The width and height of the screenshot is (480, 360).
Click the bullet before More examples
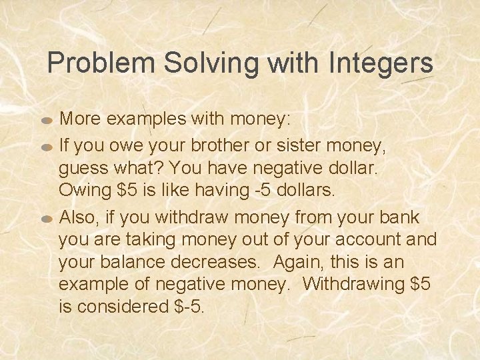coord(46,121)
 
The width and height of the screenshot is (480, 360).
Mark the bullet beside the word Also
coord(46,219)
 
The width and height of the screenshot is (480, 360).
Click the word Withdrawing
coord(353,283)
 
